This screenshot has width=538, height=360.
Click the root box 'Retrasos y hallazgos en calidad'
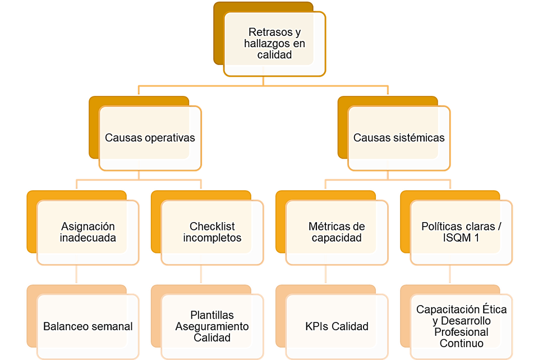pyautogui.click(x=274, y=44)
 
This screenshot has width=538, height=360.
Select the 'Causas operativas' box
pyautogui.click(x=150, y=138)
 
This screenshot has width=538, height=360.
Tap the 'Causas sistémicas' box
pyautogui.click(x=398, y=138)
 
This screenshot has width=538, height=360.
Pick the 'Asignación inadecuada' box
pyautogui.click(x=88, y=232)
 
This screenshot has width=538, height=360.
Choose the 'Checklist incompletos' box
pyautogui.click(x=212, y=232)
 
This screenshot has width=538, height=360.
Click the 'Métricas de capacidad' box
pyautogui.click(x=337, y=232)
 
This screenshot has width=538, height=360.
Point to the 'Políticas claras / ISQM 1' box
pyautogui.click(x=461, y=232)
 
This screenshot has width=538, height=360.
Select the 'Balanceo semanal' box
pyautogui.click(x=88, y=326)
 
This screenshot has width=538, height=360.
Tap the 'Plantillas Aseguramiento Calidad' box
pyautogui.click(x=212, y=326)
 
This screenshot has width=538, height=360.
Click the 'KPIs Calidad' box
pyautogui.click(x=337, y=326)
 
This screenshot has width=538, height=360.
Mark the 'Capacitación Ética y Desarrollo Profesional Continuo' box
pyautogui.click(x=461, y=326)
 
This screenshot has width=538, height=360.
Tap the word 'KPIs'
pyautogui.click(x=318, y=326)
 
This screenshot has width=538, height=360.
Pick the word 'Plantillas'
pyautogui.click(x=212, y=315)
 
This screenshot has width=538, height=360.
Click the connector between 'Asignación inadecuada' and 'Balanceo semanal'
pyautogui.click(x=76, y=275)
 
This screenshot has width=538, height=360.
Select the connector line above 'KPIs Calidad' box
pyautogui.click(x=325, y=275)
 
